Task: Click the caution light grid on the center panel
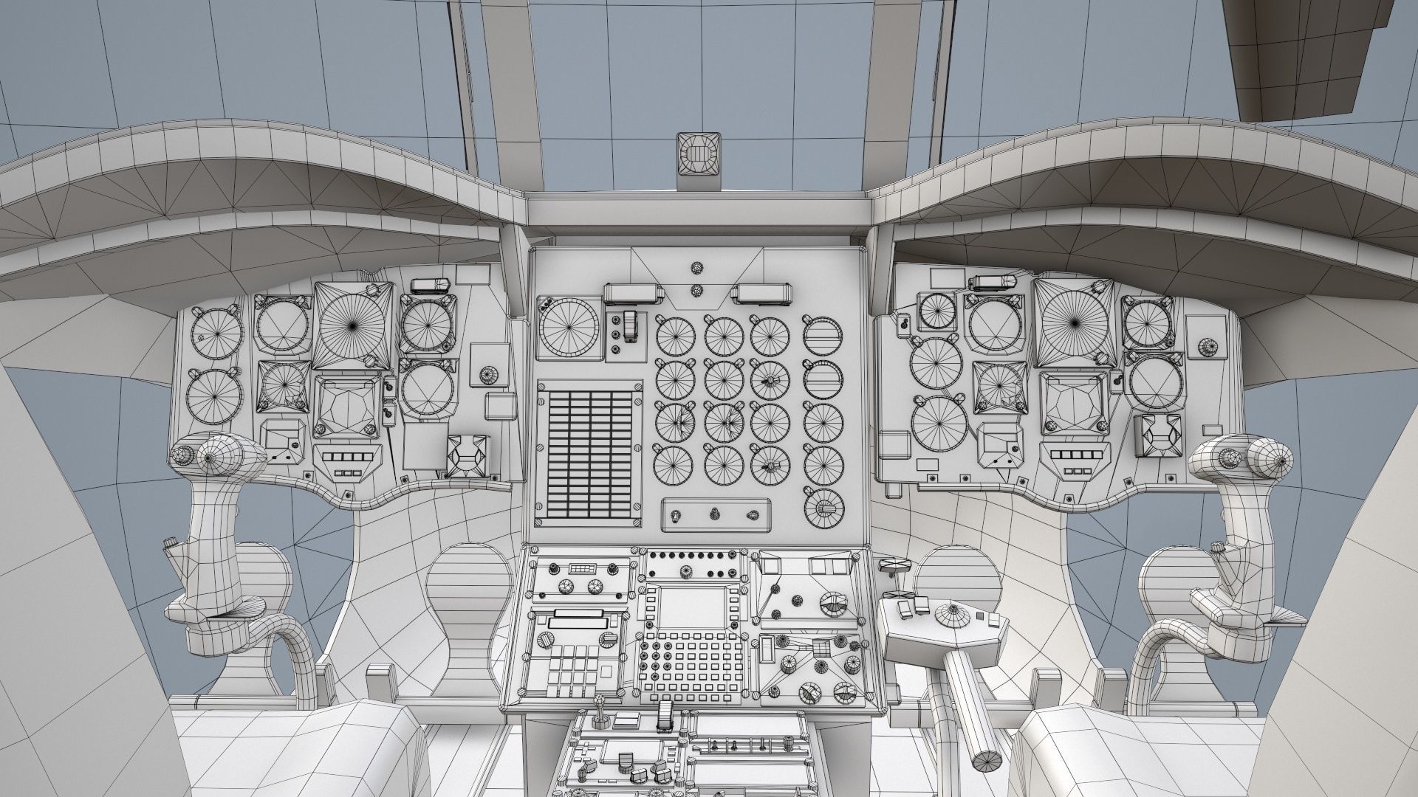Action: click(589, 453)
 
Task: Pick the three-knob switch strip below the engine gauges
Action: click(716, 514)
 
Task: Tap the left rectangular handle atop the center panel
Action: click(632, 294)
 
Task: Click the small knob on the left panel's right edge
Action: click(487, 375)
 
